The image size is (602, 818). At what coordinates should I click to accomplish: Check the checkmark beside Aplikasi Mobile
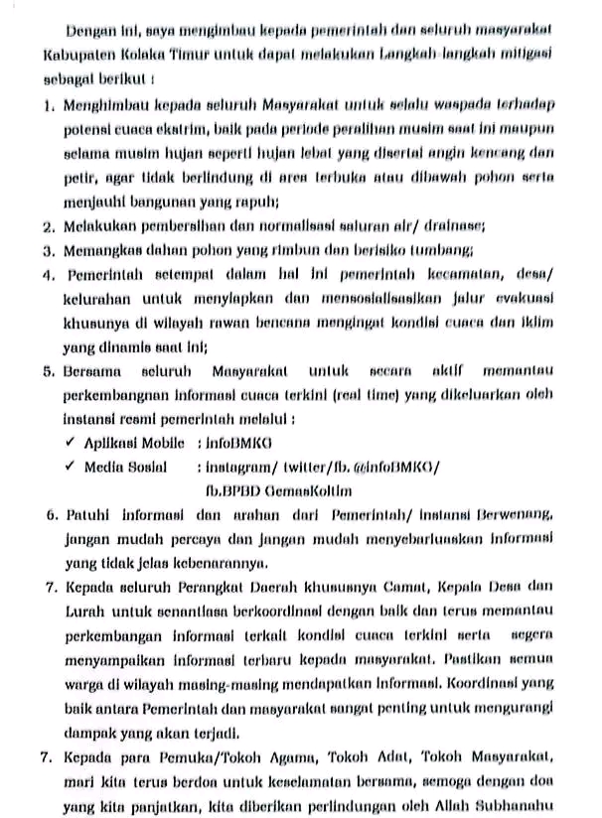tap(70, 441)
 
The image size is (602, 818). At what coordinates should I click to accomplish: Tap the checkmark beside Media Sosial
tap(70, 465)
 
